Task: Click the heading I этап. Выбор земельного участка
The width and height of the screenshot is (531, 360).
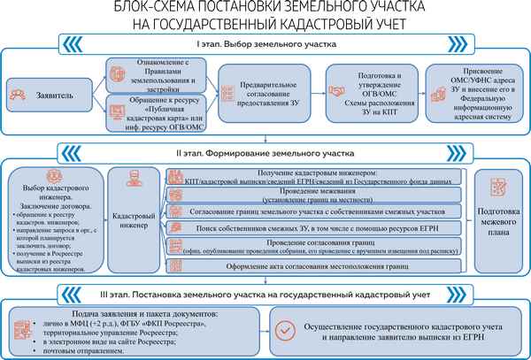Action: click(x=265, y=43)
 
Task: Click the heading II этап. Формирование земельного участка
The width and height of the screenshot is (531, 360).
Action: click(x=265, y=152)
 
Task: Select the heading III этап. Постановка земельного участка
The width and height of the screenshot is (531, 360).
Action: click(x=265, y=292)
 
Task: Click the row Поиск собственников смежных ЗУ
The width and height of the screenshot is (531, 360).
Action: click(x=314, y=228)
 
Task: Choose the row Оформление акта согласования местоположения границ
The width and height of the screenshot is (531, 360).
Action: click(x=314, y=265)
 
